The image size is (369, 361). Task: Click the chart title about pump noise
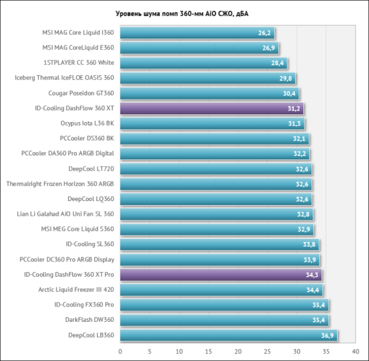pos(184,13)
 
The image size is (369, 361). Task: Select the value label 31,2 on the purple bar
pos(294,109)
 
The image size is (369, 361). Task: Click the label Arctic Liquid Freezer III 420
pos(75,289)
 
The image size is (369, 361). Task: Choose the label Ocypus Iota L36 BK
pos(87,123)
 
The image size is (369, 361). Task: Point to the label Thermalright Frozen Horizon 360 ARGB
pos(60,184)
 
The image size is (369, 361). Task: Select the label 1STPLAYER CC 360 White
pos(78,63)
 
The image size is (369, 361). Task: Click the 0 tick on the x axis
pos(120,351)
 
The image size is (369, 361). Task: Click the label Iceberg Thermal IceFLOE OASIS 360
pos(64,78)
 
